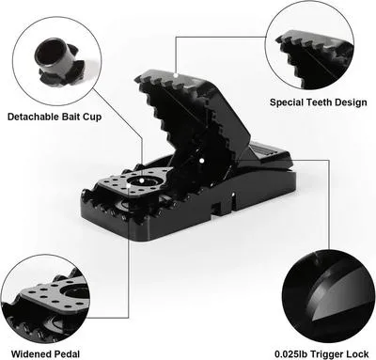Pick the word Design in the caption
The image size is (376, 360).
click(354, 102)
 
